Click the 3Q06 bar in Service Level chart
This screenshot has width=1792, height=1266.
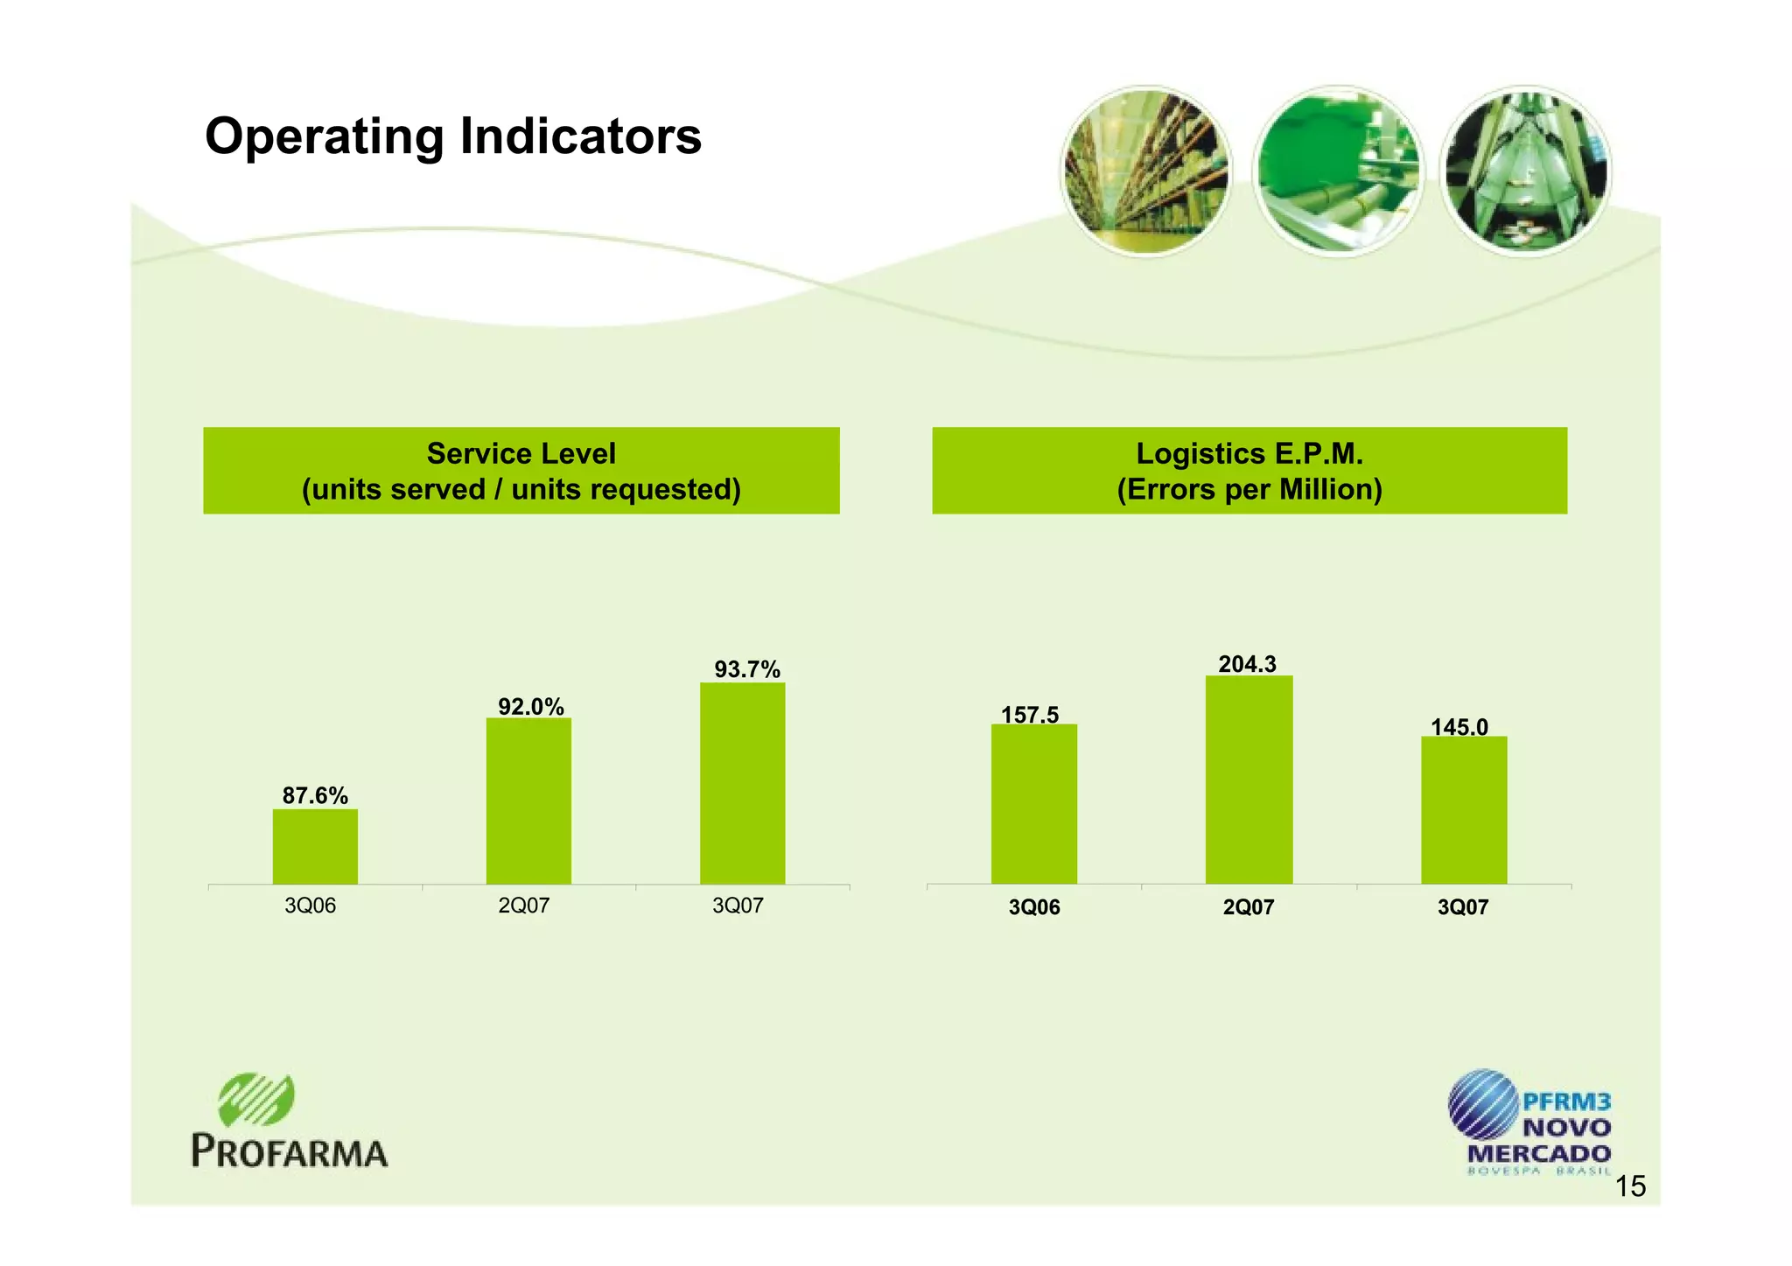tap(315, 846)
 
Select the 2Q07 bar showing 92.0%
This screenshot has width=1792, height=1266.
tap(528, 801)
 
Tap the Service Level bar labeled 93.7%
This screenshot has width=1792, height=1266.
tap(742, 783)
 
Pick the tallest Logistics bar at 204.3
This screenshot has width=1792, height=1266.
tap(1249, 780)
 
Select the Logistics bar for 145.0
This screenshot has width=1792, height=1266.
tap(1463, 809)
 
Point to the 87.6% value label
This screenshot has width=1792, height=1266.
tap(315, 795)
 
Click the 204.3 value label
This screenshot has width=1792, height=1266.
tap(1247, 664)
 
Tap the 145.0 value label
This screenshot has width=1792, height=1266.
tap(1459, 726)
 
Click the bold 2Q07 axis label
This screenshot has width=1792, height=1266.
tap(1249, 907)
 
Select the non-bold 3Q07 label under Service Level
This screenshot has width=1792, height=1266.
tap(738, 906)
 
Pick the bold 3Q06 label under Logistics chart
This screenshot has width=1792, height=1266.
tap(1033, 907)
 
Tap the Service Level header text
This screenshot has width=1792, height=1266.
tap(521, 454)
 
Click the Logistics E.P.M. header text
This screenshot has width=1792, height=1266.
tap(1249, 454)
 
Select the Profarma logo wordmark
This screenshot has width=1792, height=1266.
tap(290, 1151)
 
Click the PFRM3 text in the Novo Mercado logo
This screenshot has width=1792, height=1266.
tap(1566, 1102)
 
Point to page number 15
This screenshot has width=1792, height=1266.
tap(1629, 1186)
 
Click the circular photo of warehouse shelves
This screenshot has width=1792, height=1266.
tap(1145, 171)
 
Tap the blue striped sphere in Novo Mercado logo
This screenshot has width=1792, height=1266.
tap(1483, 1104)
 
